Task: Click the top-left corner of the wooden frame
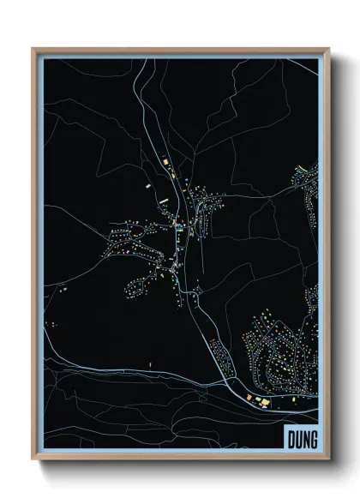[x=33, y=49]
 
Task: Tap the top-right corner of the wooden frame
[x=328, y=49]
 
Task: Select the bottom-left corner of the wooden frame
[x=33, y=462]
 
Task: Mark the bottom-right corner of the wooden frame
[x=328, y=462]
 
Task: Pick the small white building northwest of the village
[x=147, y=183]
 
